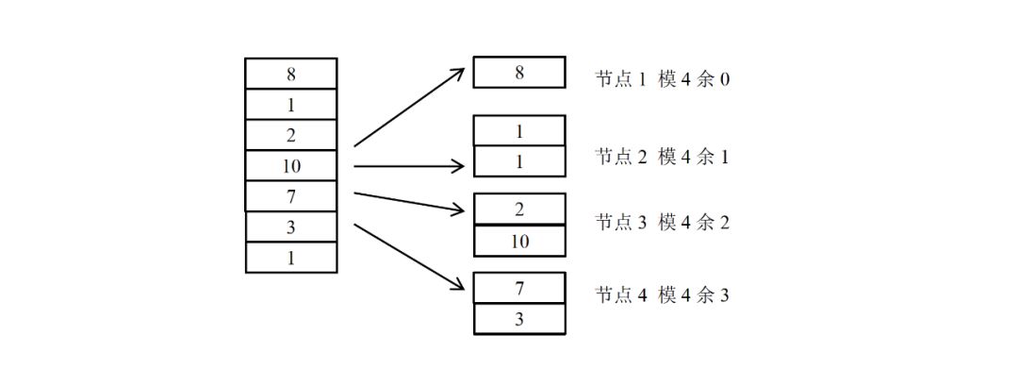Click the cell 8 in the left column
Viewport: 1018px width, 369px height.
(290, 74)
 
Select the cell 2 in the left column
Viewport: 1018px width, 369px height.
(290, 135)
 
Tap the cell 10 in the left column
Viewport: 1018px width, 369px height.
(290, 166)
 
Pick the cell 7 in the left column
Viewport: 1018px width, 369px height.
(290, 196)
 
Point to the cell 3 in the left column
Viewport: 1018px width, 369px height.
(290, 226)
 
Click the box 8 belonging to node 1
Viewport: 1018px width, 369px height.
(519, 73)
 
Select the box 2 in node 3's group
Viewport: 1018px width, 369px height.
(519, 210)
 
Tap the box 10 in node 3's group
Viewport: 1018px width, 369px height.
(519, 242)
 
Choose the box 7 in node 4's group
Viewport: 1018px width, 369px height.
(519, 288)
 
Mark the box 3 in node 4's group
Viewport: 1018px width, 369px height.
(519, 319)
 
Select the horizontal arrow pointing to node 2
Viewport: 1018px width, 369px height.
(410, 167)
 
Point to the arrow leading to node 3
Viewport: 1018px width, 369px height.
(410, 202)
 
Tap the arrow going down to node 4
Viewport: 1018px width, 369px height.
(410, 258)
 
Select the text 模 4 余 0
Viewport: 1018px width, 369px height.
(694, 79)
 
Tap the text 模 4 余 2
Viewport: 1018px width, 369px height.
(694, 223)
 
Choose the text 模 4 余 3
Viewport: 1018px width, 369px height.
(694, 295)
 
